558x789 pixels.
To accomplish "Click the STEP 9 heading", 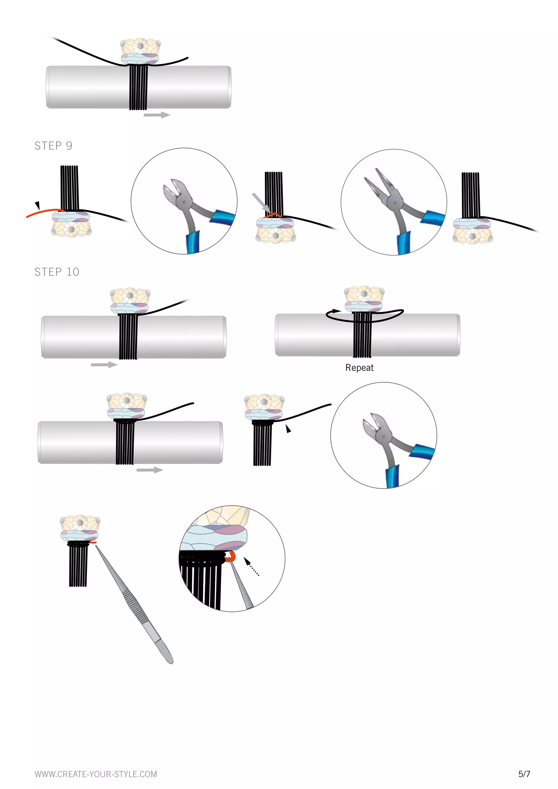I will tap(53, 146).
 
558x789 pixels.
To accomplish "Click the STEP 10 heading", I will tap(57, 272).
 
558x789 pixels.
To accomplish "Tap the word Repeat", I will tap(359, 368).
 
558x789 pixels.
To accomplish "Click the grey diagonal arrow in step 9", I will tap(261, 203).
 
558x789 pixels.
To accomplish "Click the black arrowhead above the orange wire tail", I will tap(37, 205).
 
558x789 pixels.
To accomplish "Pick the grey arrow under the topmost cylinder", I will tap(157, 115).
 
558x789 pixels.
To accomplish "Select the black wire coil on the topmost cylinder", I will tap(138, 88).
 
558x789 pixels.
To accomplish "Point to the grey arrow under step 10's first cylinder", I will tap(104, 365).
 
